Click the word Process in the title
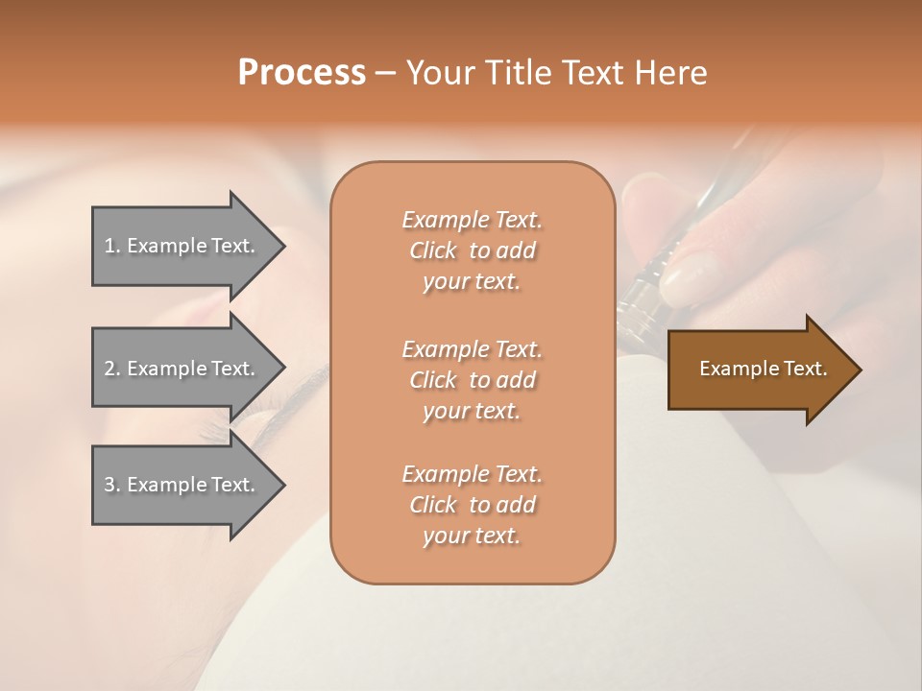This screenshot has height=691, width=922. click(302, 73)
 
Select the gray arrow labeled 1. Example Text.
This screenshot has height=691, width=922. click(182, 246)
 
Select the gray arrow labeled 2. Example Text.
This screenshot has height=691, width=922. click(182, 369)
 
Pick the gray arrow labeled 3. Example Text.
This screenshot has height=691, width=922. click(182, 485)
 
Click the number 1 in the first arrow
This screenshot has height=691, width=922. click(109, 246)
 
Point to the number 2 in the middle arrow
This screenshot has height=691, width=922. click(109, 369)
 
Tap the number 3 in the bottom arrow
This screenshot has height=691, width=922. click(109, 485)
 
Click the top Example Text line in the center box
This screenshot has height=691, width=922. click(472, 220)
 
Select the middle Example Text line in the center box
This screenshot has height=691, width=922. click(472, 348)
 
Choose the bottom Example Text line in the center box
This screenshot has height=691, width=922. click(472, 474)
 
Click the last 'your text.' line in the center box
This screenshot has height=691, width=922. click(472, 536)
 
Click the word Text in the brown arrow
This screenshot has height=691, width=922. click(805, 369)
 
